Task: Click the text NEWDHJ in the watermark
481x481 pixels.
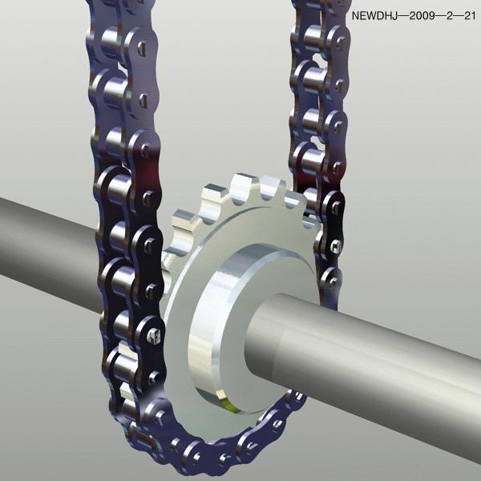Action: pyautogui.click(x=374, y=16)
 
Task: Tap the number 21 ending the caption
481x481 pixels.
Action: pyautogui.click(x=470, y=16)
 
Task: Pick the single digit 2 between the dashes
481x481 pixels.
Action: pyautogui.click(x=450, y=16)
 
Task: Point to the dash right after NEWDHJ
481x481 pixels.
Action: pyautogui.click(x=403, y=16)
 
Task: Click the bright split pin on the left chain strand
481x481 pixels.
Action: pyautogui.click(x=153, y=336)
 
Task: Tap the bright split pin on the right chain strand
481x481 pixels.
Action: pyautogui.click(x=336, y=246)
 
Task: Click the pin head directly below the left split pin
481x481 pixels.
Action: pyautogui.click(x=154, y=378)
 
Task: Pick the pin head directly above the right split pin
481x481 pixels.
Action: pyautogui.click(x=336, y=206)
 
